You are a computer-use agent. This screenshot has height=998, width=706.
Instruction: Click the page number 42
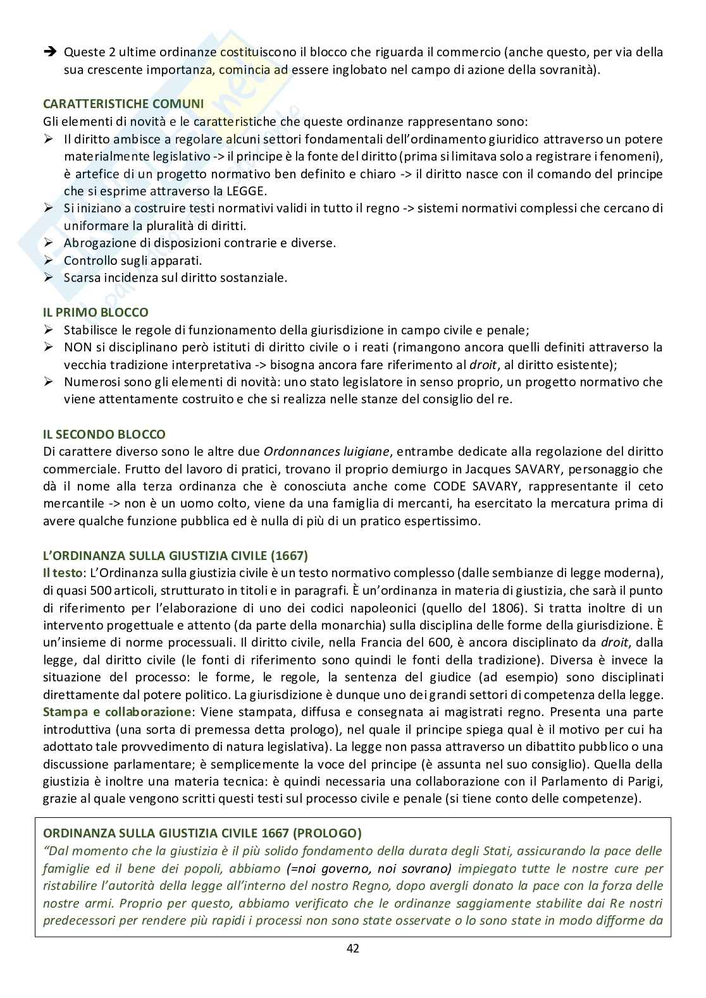point(353,948)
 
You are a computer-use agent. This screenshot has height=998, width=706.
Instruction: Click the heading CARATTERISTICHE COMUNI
point(123,104)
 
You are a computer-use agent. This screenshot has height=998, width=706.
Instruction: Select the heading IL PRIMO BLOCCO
point(96,312)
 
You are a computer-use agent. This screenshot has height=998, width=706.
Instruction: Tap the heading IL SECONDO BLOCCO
point(104,434)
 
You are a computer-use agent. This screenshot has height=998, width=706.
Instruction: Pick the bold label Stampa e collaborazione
point(116,712)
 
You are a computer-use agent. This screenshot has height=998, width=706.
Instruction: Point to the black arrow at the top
point(50,52)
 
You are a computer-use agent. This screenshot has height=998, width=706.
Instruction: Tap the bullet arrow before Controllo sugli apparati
point(50,260)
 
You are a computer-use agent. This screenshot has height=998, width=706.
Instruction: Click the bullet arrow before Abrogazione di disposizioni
point(50,243)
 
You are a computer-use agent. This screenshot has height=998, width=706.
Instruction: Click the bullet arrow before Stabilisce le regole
point(50,330)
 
